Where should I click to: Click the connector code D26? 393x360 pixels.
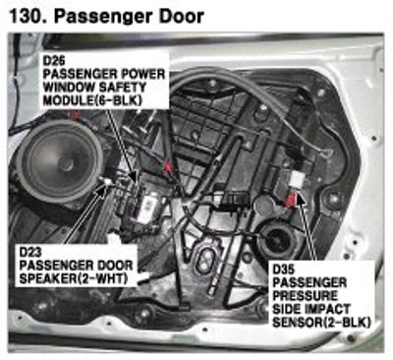tap(54, 61)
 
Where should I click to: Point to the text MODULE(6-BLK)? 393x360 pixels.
tap(92, 100)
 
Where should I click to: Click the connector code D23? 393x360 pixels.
tap(30, 252)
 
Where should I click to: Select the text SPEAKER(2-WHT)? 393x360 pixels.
tap(73, 278)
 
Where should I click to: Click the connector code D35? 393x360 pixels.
tap(284, 270)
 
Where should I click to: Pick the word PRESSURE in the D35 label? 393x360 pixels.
tap(305, 295)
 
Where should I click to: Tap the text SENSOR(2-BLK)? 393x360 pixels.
tap(321, 322)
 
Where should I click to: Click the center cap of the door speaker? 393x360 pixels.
tap(67, 163)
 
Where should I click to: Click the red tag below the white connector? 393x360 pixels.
tap(292, 200)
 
